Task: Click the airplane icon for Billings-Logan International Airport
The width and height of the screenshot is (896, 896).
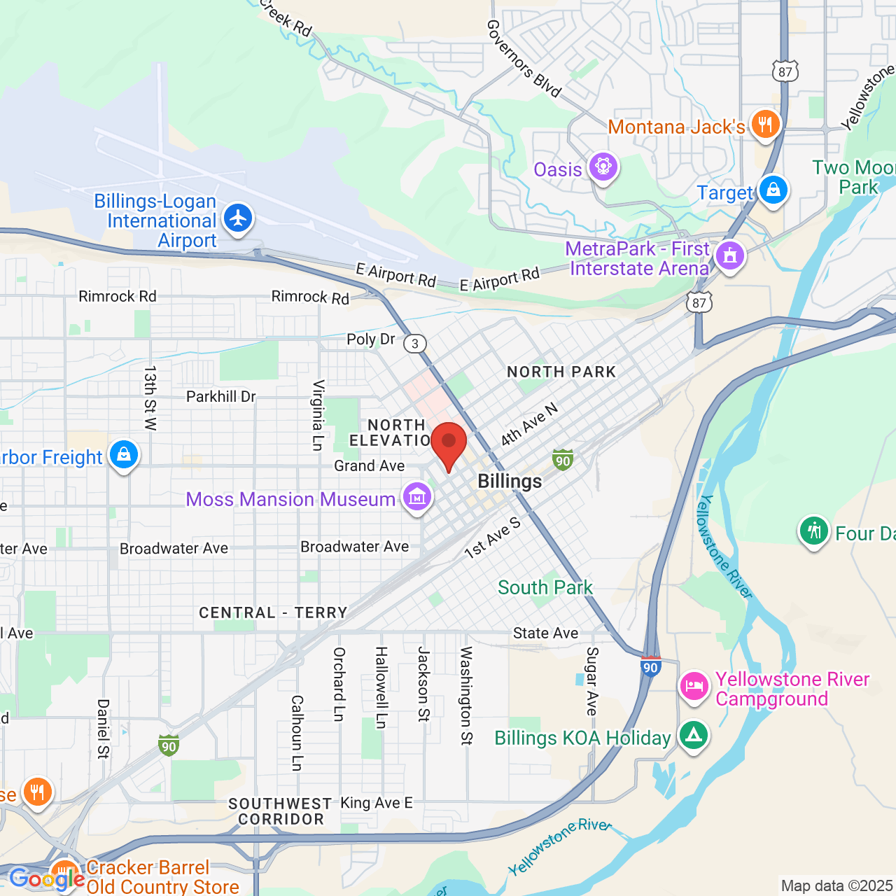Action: pos(238,218)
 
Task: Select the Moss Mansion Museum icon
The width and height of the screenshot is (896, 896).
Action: pos(417,497)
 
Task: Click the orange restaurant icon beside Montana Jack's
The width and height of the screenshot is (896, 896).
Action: pos(765,125)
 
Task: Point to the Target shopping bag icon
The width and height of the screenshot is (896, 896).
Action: pos(773,190)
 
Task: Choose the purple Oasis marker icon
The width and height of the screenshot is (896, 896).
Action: pos(603,167)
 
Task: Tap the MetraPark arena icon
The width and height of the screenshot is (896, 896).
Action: pos(729,255)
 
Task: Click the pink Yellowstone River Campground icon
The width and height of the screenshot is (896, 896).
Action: pos(694,685)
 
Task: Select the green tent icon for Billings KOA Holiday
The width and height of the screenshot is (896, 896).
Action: pos(693,735)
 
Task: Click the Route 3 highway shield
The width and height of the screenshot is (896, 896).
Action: pos(416,343)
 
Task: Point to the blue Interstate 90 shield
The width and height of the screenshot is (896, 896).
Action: pos(651,666)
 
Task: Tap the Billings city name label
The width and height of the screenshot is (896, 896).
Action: pos(510,482)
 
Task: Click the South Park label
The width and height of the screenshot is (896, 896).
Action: pos(545,587)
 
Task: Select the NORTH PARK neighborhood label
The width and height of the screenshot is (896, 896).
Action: pos(561,372)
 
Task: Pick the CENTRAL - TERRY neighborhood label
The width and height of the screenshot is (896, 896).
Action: pos(273,613)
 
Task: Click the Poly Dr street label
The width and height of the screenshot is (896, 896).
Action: pos(371,339)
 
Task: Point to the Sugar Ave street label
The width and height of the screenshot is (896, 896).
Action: pos(592,681)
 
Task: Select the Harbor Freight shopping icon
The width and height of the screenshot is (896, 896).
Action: pos(124,454)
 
